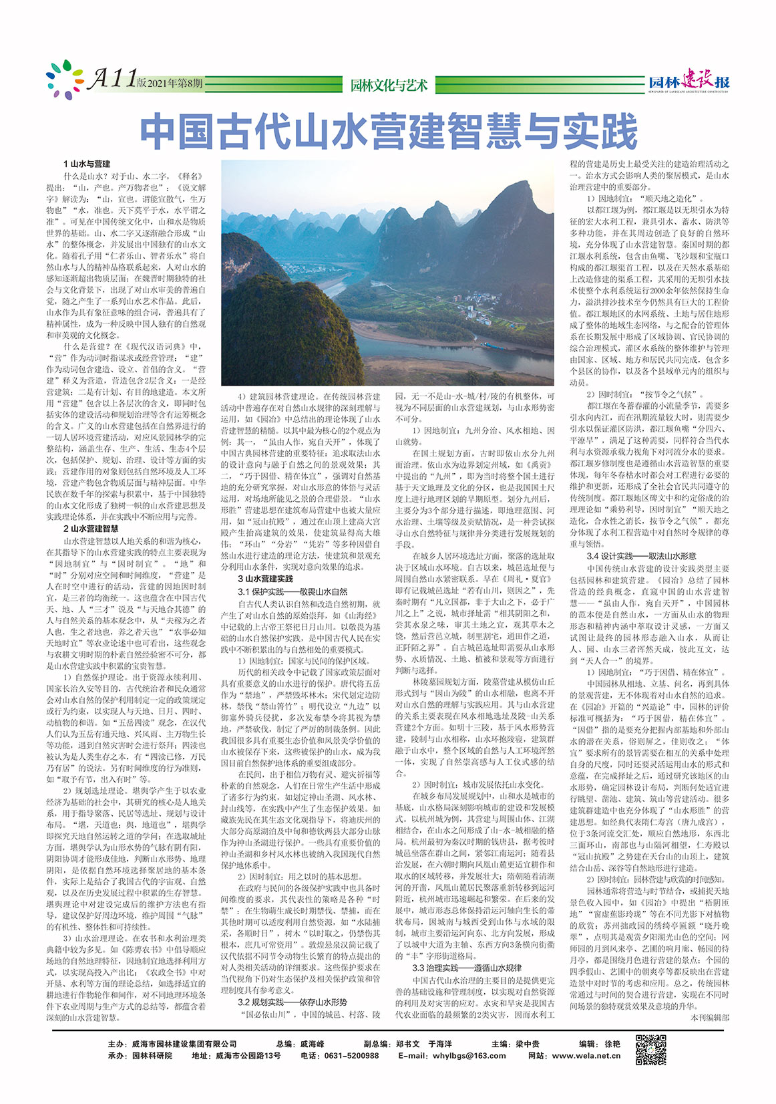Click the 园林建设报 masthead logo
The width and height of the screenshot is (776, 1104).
(689, 82)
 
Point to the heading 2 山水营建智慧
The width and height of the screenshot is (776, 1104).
(91, 528)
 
